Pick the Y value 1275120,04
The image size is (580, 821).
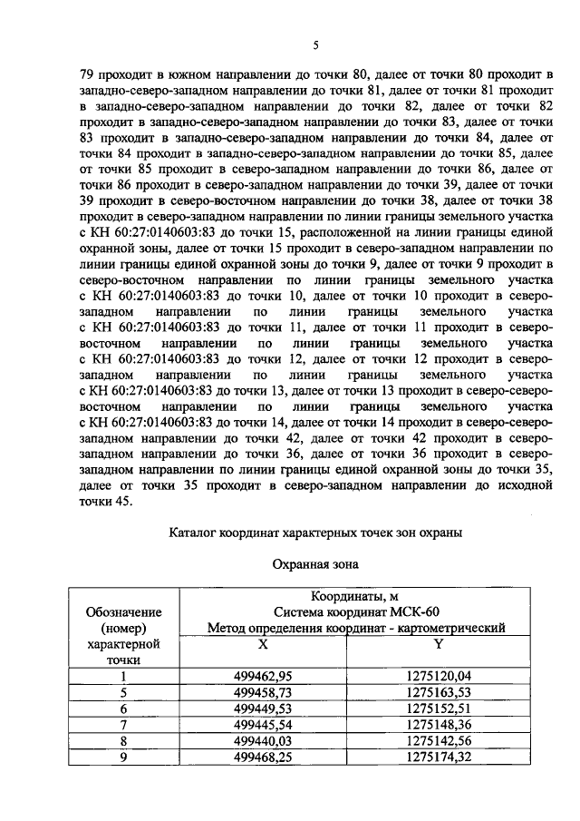coord(440,675)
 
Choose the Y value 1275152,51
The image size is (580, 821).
coord(440,708)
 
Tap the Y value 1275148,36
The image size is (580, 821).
coord(440,724)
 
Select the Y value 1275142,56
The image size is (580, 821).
coord(440,740)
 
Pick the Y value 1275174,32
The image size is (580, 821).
coord(440,757)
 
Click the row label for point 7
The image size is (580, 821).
coord(124,724)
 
